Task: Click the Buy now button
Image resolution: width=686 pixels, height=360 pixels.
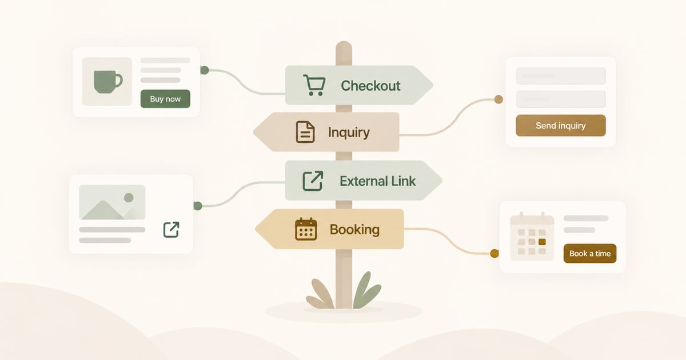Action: (165, 98)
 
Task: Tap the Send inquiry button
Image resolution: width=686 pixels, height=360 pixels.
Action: (561, 126)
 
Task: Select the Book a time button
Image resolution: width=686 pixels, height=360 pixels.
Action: (590, 254)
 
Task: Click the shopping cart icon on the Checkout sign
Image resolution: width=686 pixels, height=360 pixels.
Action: (314, 85)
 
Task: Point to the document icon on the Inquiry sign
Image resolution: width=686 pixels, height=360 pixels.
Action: (305, 132)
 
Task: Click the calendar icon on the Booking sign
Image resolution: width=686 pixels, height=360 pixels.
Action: (306, 229)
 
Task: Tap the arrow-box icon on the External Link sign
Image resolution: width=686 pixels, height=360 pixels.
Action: (313, 181)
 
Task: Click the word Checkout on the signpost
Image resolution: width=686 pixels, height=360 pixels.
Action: (370, 86)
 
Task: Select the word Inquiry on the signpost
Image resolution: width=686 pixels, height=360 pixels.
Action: (349, 133)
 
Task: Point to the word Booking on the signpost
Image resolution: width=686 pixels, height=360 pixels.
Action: (354, 230)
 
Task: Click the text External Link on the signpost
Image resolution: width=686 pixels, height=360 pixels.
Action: (378, 181)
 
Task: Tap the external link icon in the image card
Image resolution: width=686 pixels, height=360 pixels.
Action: (171, 230)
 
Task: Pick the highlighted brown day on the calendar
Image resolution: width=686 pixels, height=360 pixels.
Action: (542, 242)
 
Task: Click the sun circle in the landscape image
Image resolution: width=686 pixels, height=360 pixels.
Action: (129, 198)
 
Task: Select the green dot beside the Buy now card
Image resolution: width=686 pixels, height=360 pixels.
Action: (205, 70)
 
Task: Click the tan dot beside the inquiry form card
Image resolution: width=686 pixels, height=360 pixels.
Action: (498, 99)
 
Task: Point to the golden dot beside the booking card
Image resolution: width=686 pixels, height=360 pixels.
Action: (494, 254)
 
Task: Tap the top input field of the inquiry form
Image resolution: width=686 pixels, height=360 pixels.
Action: (561, 75)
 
